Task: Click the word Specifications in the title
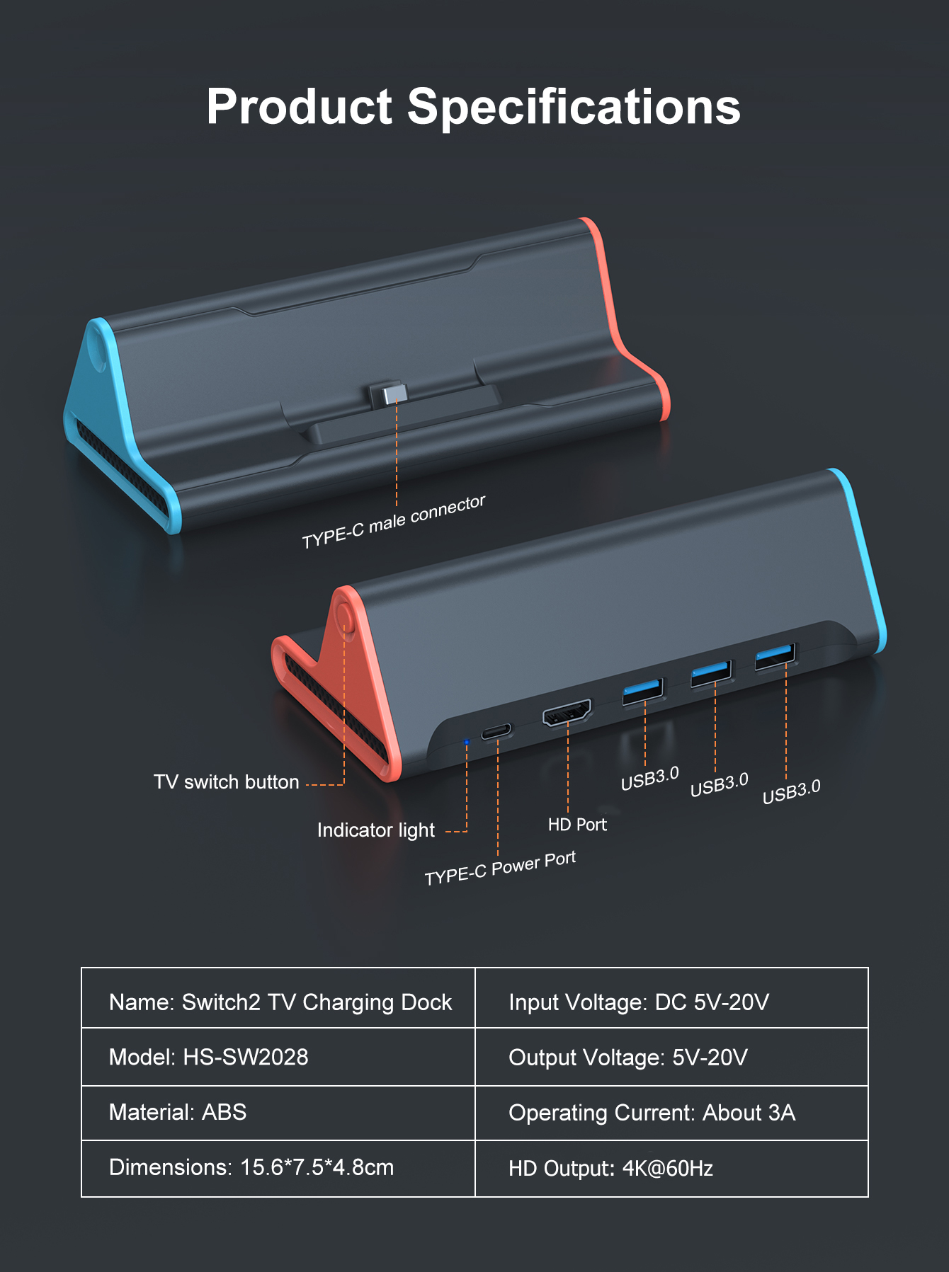pyautogui.click(x=574, y=108)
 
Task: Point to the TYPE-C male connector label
pyautogui.click(x=393, y=522)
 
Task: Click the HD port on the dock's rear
pyautogui.click(x=567, y=712)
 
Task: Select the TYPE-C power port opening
pyautogui.click(x=497, y=731)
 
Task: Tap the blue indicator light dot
pyautogui.click(x=466, y=742)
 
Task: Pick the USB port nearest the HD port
pyautogui.click(x=642, y=692)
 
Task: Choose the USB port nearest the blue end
pyautogui.click(x=775, y=656)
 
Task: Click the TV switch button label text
pyautogui.click(x=227, y=782)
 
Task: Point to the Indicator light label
pyautogui.click(x=375, y=830)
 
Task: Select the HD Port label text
pyautogui.click(x=577, y=825)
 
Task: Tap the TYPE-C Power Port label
pyautogui.click(x=500, y=869)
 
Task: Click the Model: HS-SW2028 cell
pyautogui.click(x=278, y=1057)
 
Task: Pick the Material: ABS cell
pyautogui.click(x=278, y=1112)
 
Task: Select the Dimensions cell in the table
pyautogui.click(x=278, y=1167)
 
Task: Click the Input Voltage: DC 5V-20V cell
pyautogui.click(x=671, y=1002)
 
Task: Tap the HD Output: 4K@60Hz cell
pyautogui.click(x=671, y=1168)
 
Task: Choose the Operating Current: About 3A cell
pyautogui.click(x=671, y=1113)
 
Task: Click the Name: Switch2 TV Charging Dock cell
pyautogui.click(x=278, y=1002)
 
